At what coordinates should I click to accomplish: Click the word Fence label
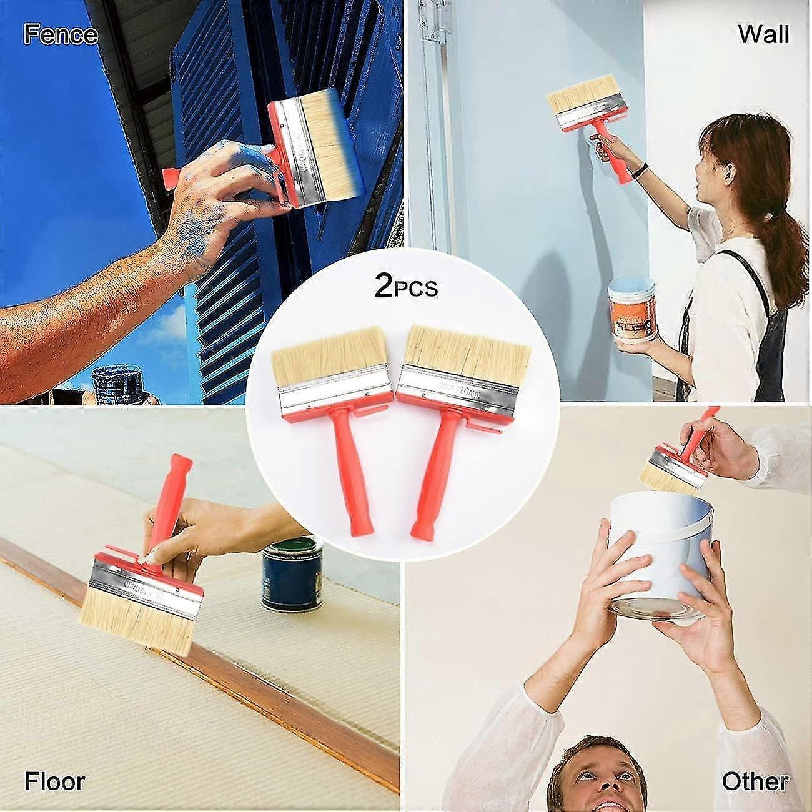[x=61, y=34]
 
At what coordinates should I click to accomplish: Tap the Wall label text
[x=763, y=34]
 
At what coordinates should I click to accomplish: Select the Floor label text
[x=54, y=781]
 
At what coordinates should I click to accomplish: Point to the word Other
[x=755, y=781]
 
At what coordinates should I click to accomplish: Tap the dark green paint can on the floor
[x=292, y=575]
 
